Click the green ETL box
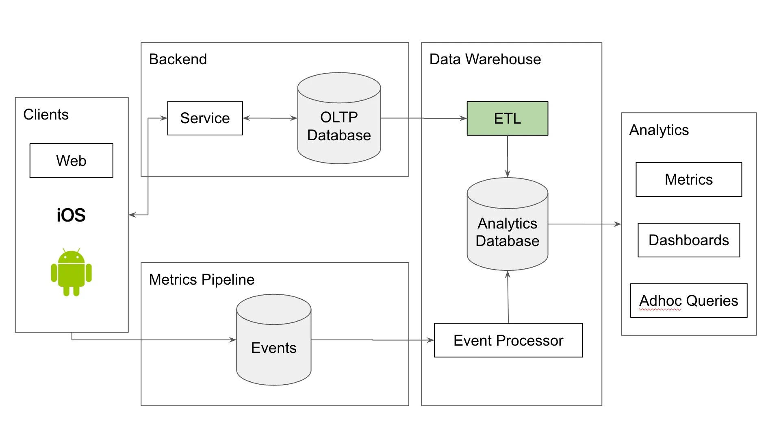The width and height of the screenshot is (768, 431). [x=507, y=118]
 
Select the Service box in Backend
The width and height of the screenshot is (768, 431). [x=205, y=118]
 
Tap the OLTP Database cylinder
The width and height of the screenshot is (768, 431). [x=339, y=126]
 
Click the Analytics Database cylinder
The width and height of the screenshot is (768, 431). [x=507, y=232]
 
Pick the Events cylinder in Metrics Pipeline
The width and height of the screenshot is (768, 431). [x=273, y=348]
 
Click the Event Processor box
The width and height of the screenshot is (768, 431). [x=508, y=340]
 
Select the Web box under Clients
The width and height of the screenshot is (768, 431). [x=71, y=161]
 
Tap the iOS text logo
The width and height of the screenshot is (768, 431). [x=71, y=215]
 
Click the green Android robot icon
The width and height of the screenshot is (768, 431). [x=71, y=272]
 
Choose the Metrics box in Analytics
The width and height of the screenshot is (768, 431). [x=688, y=180]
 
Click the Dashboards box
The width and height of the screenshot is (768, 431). [x=688, y=240]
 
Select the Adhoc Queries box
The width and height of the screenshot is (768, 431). [x=688, y=300]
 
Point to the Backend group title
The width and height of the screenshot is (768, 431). [x=178, y=59]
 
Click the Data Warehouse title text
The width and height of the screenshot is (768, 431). [x=485, y=59]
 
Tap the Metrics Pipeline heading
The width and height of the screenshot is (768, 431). [x=202, y=280]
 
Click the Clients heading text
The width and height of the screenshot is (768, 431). [x=46, y=115]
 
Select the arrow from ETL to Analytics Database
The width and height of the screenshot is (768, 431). [x=508, y=156]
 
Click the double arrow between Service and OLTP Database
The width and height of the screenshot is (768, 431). [x=270, y=118]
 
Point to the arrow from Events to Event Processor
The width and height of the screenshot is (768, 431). [x=372, y=340]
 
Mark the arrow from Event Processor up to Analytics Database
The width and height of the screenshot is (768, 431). [x=508, y=297]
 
